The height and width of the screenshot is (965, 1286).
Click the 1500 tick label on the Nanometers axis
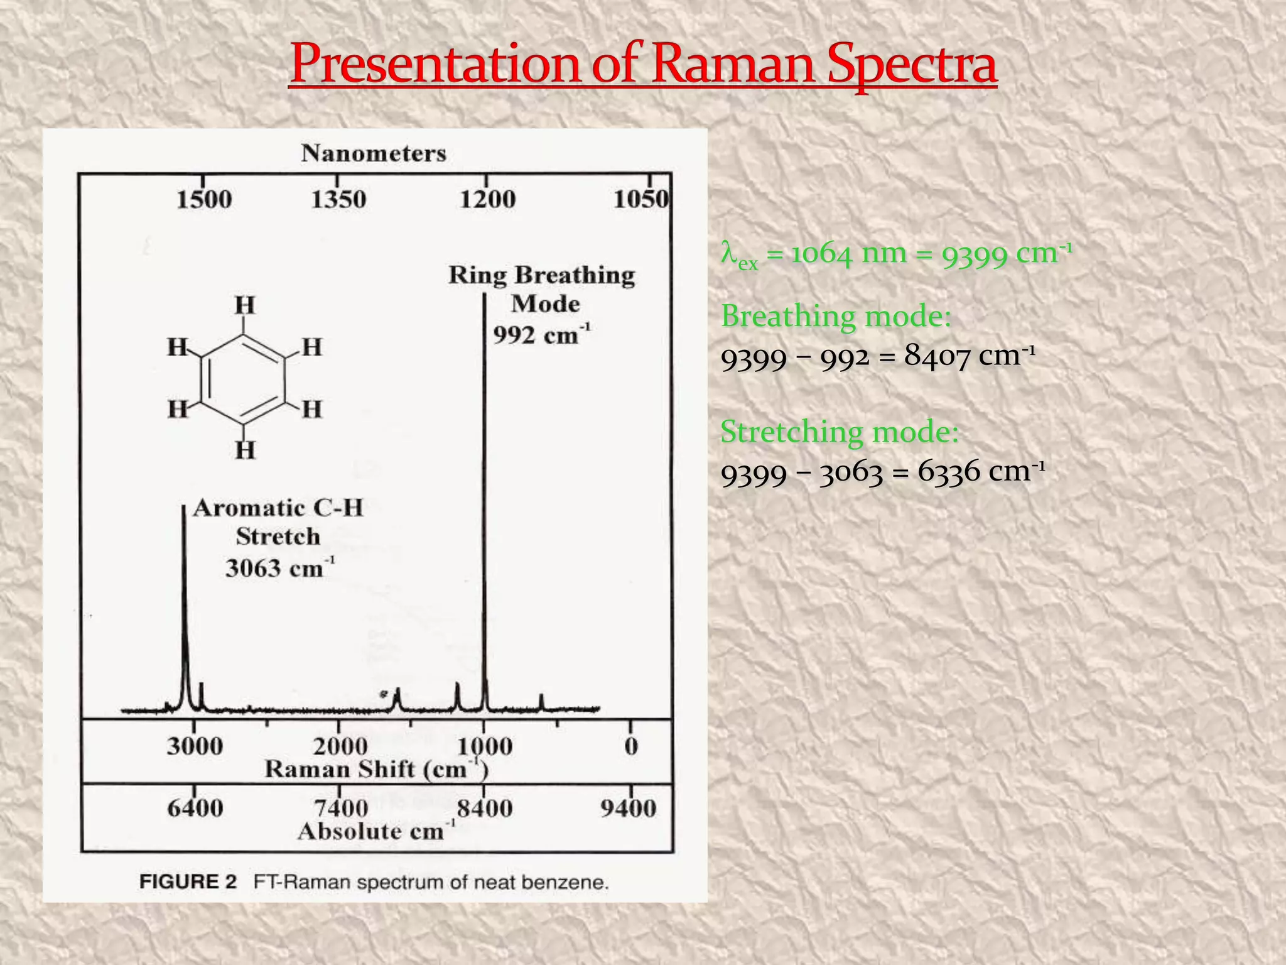[x=204, y=200]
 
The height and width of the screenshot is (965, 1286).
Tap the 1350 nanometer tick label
[x=338, y=200]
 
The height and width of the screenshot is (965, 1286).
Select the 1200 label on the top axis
[x=487, y=200]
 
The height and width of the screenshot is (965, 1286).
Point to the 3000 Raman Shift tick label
[x=195, y=746]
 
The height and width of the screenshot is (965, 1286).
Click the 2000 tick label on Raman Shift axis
[x=340, y=746]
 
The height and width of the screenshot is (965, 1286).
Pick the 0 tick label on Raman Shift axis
[x=631, y=746]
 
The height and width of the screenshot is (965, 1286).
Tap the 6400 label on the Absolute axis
[x=195, y=808]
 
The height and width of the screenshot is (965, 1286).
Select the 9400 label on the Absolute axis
[x=628, y=808]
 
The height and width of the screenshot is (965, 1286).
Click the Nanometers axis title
[x=374, y=153]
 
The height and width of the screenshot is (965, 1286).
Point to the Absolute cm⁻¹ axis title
[x=376, y=831]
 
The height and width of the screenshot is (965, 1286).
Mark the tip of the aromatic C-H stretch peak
[x=183, y=506]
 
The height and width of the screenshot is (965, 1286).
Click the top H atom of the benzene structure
[x=245, y=306]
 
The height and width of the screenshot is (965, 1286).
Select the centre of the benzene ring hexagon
[x=243, y=378]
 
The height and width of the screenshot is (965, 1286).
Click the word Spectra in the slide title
[x=911, y=64]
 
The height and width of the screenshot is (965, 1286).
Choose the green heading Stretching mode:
[x=840, y=432]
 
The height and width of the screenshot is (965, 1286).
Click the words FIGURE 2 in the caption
[x=188, y=882]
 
